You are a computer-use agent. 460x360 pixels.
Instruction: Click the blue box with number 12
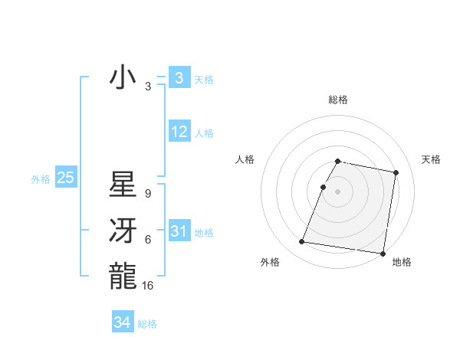pyautogui.click(x=179, y=132)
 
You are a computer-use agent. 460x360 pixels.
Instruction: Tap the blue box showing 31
pyautogui.click(x=179, y=231)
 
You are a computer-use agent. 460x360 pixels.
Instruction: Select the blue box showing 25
pyautogui.click(x=65, y=178)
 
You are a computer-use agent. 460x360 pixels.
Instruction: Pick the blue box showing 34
pyautogui.click(x=123, y=322)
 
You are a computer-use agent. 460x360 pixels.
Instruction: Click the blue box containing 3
pyautogui.click(x=179, y=77)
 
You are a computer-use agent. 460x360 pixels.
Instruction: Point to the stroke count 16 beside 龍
pyautogui.click(x=149, y=285)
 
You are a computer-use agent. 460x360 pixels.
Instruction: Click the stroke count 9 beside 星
pyautogui.click(x=148, y=195)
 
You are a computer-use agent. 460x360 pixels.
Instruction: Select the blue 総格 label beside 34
pyautogui.click(x=147, y=324)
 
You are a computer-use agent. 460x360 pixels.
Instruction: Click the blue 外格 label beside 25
pyautogui.click(x=41, y=179)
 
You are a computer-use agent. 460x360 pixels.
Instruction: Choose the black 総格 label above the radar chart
pyautogui.click(x=338, y=100)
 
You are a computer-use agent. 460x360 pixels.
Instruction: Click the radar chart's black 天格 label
pyautogui.click(x=432, y=159)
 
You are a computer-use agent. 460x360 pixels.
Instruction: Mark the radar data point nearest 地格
pyautogui.click(x=382, y=254)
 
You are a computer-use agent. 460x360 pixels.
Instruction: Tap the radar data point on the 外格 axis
pyautogui.click(x=302, y=242)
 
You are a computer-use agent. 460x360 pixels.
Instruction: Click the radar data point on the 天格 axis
pyautogui.click(x=396, y=173)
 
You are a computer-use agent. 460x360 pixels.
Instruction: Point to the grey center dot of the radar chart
pyautogui.click(x=338, y=191)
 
